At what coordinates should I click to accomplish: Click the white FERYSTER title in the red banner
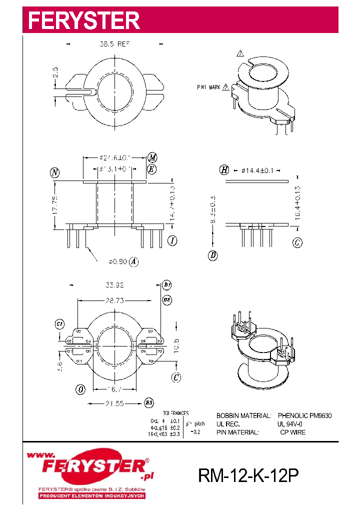coord(83,20)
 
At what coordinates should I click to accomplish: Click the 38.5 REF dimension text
coord(114,44)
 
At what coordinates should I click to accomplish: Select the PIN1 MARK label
coord(208,87)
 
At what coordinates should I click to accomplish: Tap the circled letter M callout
coord(152,157)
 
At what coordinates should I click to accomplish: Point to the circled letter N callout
coord(54,173)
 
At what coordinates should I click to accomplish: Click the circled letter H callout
coord(224,170)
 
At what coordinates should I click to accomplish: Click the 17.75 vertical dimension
coord(55,204)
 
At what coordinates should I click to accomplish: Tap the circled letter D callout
coord(213,255)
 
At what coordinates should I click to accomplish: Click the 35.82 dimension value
coord(114,285)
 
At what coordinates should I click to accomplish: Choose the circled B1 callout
coord(167,285)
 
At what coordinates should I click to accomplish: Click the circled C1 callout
coord(59,324)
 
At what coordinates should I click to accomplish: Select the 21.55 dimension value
coord(115,403)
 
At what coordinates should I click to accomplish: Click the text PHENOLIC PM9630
coord(304,415)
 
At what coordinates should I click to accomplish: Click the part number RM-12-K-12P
coord(248,475)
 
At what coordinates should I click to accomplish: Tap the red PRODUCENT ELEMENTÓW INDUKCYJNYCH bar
coord(92,495)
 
